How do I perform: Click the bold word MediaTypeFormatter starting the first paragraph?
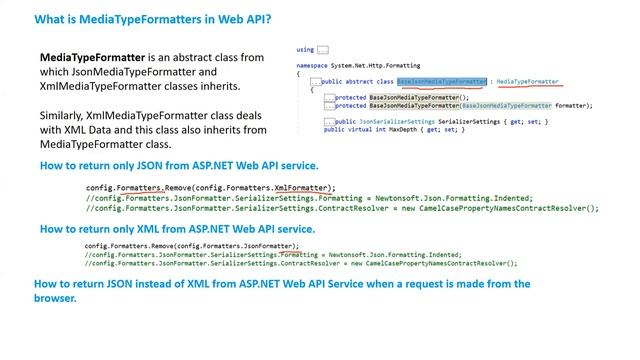pos(86,58)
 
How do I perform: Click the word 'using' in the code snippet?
pos(305,49)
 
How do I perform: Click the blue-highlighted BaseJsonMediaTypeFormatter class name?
pos(443,81)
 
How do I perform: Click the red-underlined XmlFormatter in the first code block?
pos(303,187)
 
